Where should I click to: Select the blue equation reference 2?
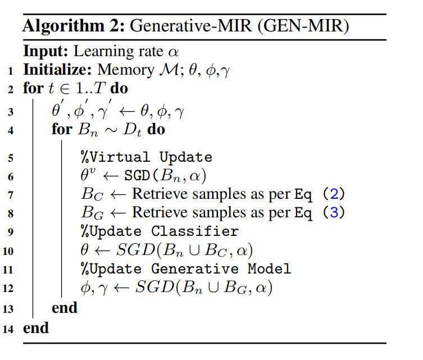[333, 194]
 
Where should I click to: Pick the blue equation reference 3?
[333, 213]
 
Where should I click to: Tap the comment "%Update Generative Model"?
[186, 269]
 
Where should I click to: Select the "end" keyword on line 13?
[64, 308]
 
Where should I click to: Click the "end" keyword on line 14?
[36, 327]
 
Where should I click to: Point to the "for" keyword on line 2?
[33, 88]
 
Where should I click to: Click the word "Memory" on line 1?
[119, 70]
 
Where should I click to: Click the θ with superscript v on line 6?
[88, 175]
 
